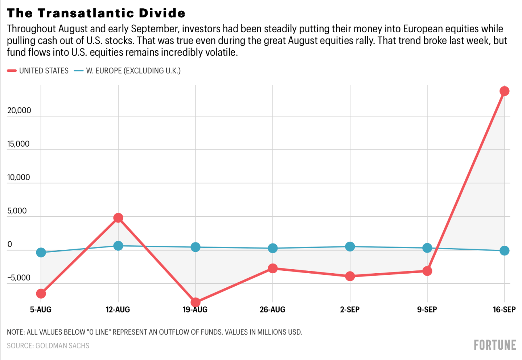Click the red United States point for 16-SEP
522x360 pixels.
pyautogui.click(x=504, y=91)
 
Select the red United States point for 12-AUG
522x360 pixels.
pyautogui.click(x=118, y=218)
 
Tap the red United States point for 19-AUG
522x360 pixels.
pyautogui.click(x=196, y=302)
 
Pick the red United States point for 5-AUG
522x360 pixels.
pyautogui.click(x=41, y=293)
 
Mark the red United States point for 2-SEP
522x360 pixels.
pyautogui.click(x=350, y=276)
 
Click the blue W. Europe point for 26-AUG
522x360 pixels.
pyautogui.click(x=273, y=248)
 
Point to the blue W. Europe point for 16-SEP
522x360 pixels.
pyautogui.click(x=504, y=250)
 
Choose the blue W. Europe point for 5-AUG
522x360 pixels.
pyautogui.click(x=41, y=252)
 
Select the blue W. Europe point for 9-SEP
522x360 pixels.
pyautogui.click(x=427, y=248)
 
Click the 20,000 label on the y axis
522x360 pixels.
pyautogui.click(x=19, y=110)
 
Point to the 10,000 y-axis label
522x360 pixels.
pyautogui.click(x=19, y=177)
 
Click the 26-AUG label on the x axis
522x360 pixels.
pyautogui.click(x=272, y=310)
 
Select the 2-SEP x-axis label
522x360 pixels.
pyautogui.click(x=350, y=310)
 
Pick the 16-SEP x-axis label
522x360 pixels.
pyautogui.click(x=504, y=310)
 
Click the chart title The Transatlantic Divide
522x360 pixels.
pyautogui.click(x=96, y=13)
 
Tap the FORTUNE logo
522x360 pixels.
pyautogui.click(x=495, y=345)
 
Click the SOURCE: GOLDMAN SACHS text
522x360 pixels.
pyautogui.click(x=48, y=345)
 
